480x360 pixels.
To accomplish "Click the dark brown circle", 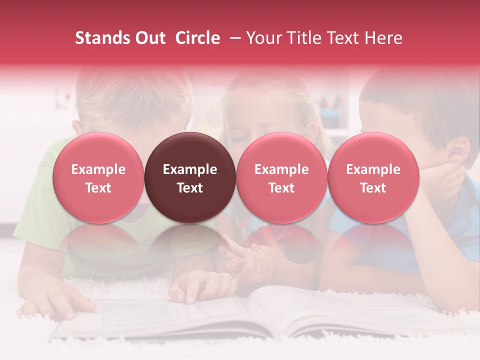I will [190, 177].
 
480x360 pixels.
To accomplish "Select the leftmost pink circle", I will [98, 177].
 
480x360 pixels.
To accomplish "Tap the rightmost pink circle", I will [373, 177].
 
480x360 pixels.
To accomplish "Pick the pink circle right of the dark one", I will [281, 177].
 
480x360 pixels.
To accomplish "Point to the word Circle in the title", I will [197, 38].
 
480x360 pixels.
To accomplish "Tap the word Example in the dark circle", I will [190, 169].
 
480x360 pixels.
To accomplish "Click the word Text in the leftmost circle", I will [98, 188].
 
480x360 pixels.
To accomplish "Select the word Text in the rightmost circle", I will [373, 188].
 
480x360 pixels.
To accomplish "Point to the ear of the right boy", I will [457, 149].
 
